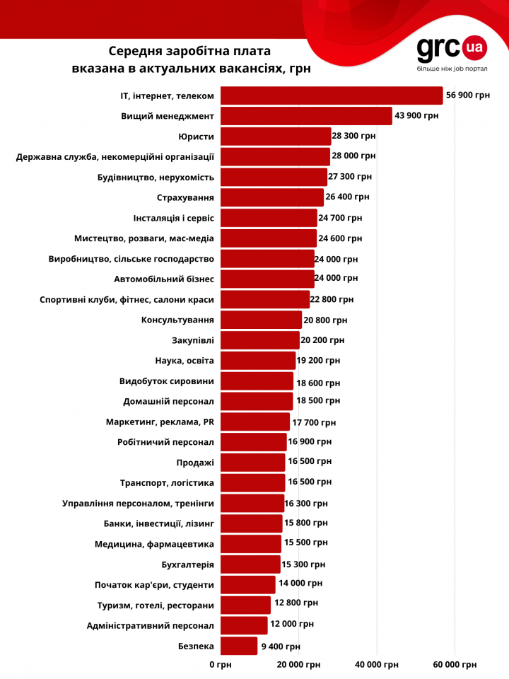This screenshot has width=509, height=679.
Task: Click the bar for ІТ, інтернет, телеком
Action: pyautogui.click(x=332, y=95)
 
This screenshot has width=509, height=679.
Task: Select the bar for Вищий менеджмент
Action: pyautogui.click(x=306, y=116)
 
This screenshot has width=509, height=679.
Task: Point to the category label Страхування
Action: pyautogui.click(x=185, y=197)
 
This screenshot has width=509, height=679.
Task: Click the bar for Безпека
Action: pyautogui.click(x=239, y=646)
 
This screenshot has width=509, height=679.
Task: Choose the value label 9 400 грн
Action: pyautogui.click(x=281, y=646)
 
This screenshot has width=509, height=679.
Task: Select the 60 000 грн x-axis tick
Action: pyautogui.click(x=454, y=665)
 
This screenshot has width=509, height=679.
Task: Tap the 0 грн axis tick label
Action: pyautogui.click(x=220, y=665)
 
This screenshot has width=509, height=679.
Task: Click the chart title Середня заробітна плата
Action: pyautogui.click(x=189, y=52)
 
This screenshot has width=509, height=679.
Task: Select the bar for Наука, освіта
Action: pyautogui.click(x=258, y=361)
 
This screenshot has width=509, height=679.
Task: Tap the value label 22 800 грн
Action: pyautogui.click(x=332, y=299)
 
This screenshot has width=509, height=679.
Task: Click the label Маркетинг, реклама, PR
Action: pyautogui.click(x=160, y=422)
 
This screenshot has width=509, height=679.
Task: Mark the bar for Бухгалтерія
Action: pyautogui.click(x=250, y=564)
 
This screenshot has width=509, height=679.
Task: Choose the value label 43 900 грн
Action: pyautogui.click(x=417, y=116)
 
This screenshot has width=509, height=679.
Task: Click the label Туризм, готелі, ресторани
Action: pyautogui.click(x=156, y=605)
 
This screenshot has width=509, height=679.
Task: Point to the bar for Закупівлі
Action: pyautogui.click(x=259, y=340)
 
